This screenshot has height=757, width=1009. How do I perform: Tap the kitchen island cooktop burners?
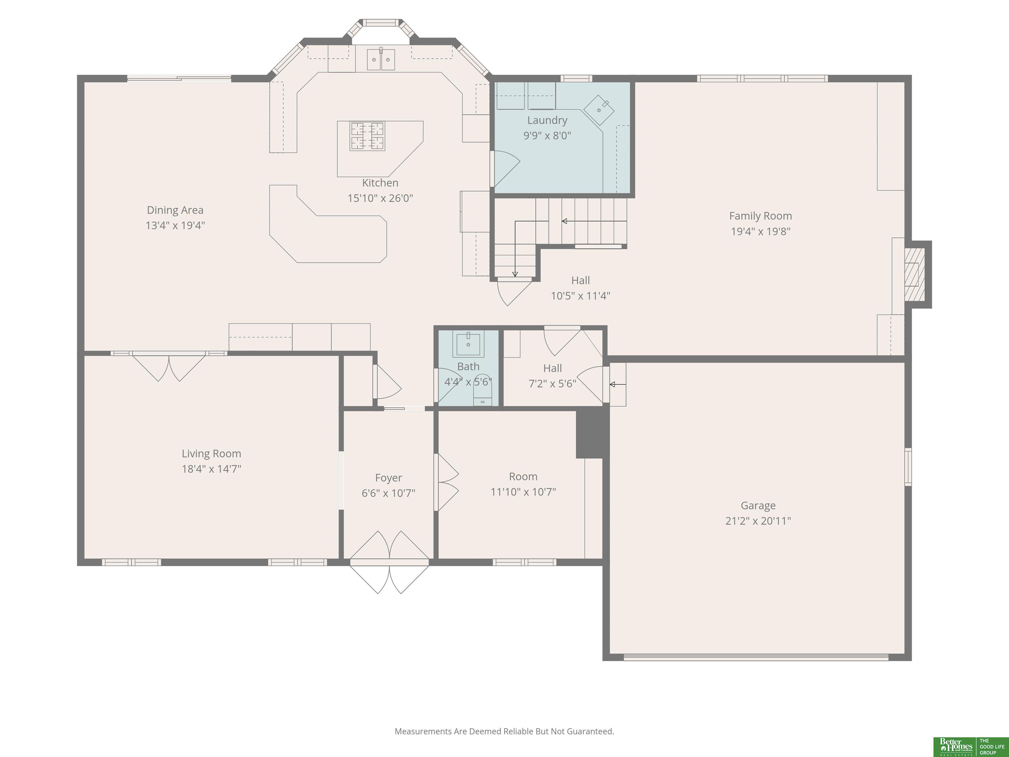(367, 136)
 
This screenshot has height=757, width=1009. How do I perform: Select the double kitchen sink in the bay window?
(381, 59)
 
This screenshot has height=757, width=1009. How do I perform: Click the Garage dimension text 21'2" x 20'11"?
(758, 521)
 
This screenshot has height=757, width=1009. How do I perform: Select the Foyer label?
(388, 478)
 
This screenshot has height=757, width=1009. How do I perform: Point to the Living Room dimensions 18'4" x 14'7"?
(211, 469)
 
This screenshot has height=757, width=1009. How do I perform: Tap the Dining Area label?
(175, 210)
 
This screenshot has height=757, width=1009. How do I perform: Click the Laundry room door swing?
(505, 169)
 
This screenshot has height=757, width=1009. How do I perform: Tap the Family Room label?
(760, 216)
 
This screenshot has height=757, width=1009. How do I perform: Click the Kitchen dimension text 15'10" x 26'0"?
(380, 198)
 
